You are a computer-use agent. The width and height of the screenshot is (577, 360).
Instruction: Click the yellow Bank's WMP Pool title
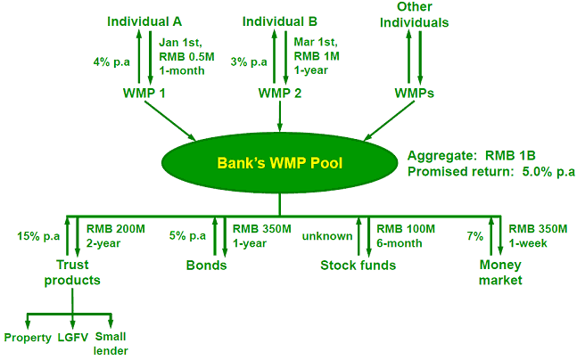pyautogui.click(x=280, y=163)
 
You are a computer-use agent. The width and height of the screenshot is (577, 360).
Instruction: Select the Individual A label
pyautogui.click(x=144, y=21)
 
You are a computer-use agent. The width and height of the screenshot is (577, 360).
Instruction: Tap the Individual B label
pyautogui.click(x=280, y=21)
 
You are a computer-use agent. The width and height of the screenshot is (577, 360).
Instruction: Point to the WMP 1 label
pyautogui.click(x=144, y=93)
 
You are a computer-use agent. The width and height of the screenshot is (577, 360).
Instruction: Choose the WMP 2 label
pyautogui.click(x=280, y=93)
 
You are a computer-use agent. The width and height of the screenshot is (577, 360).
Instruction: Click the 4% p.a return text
pyautogui.click(x=111, y=62)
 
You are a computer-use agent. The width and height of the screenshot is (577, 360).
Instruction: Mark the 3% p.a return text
pyautogui.click(x=249, y=62)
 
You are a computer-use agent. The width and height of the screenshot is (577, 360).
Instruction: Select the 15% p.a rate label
pyautogui.click(x=38, y=236)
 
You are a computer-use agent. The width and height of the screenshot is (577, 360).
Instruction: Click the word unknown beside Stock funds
pyautogui.click(x=327, y=236)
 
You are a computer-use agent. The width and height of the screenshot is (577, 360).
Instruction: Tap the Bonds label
pyautogui.click(x=206, y=266)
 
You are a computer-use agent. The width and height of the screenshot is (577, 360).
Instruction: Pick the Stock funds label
pyautogui.click(x=358, y=266)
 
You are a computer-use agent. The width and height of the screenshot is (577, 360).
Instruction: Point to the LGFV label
pyautogui.click(x=73, y=338)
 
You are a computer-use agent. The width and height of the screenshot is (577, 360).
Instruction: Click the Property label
pyautogui.click(x=28, y=338)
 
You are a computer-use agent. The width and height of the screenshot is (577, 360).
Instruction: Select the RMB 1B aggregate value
pyautogui.click(x=510, y=156)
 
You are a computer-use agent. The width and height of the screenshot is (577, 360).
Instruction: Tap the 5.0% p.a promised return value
pyautogui.click(x=548, y=171)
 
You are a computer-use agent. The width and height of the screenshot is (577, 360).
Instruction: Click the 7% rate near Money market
pyautogui.click(x=475, y=236)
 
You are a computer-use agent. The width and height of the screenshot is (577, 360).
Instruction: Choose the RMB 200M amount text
pyautogui.click(x=116, y=229)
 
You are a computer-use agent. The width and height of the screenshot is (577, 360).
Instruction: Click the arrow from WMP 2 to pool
pyautogui.click(x=280, y=116)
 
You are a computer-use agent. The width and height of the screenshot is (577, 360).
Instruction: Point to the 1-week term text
pyautogui.click(x=528, y=243)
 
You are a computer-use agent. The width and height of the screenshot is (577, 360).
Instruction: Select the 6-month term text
pyautogui.click(x=400, y=243)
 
